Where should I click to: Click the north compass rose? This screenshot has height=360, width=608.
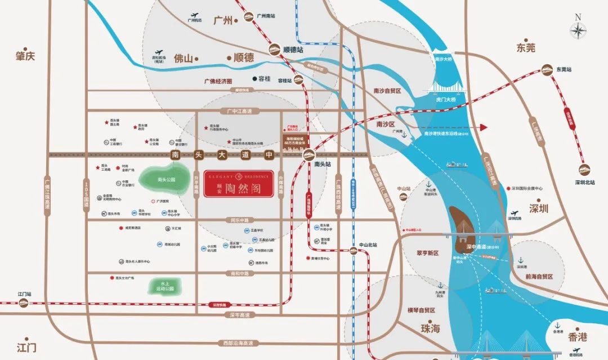coord(578,29)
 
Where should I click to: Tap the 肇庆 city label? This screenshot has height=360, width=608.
coord(25,56)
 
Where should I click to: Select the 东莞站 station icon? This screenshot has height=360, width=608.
coord(547,70)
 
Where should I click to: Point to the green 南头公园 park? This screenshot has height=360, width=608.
coord(167,179)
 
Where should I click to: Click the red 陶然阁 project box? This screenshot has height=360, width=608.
coord(239,184)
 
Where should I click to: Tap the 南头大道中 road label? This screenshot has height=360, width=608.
coord(222,154)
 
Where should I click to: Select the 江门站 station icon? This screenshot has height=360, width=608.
coord(23,303)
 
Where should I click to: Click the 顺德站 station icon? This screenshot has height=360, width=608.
coord(276,50)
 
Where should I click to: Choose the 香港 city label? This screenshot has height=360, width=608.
coord(577,337)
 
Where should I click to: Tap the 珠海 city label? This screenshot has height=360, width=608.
coord(430,328)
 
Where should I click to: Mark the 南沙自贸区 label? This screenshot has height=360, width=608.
coord(387,91)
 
